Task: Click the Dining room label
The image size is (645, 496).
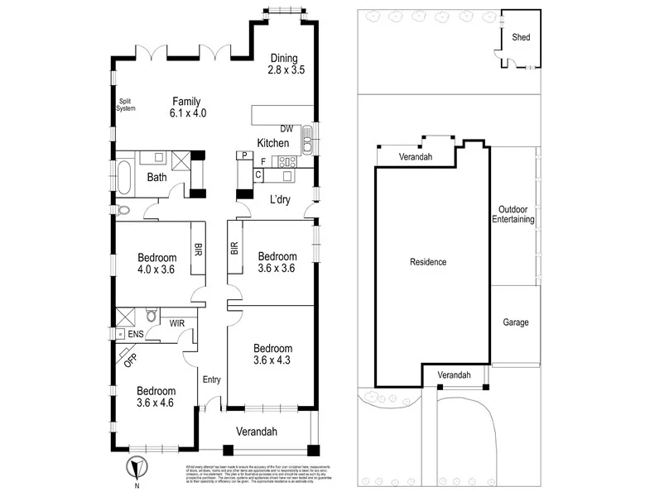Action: tap(286, 64)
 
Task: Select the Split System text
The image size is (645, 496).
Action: tap(125, 105)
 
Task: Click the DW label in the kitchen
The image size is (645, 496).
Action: tap(286, 129)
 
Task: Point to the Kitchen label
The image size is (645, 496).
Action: tap(272, 143)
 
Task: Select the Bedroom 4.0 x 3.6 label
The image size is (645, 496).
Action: tap(156, 262)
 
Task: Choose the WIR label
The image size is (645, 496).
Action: tap(177, 323)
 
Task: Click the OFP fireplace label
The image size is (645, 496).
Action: tap(130, 358)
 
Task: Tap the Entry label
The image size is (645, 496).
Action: tap(212, 379)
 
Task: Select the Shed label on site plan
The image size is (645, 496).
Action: tap(521, 38)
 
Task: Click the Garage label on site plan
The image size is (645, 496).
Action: tap(515, 322)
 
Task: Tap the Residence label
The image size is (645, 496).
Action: tap(428, 262)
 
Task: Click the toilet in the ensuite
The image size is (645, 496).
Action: tap(152, 315)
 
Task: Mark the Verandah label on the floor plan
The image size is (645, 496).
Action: tap(256, 432)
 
